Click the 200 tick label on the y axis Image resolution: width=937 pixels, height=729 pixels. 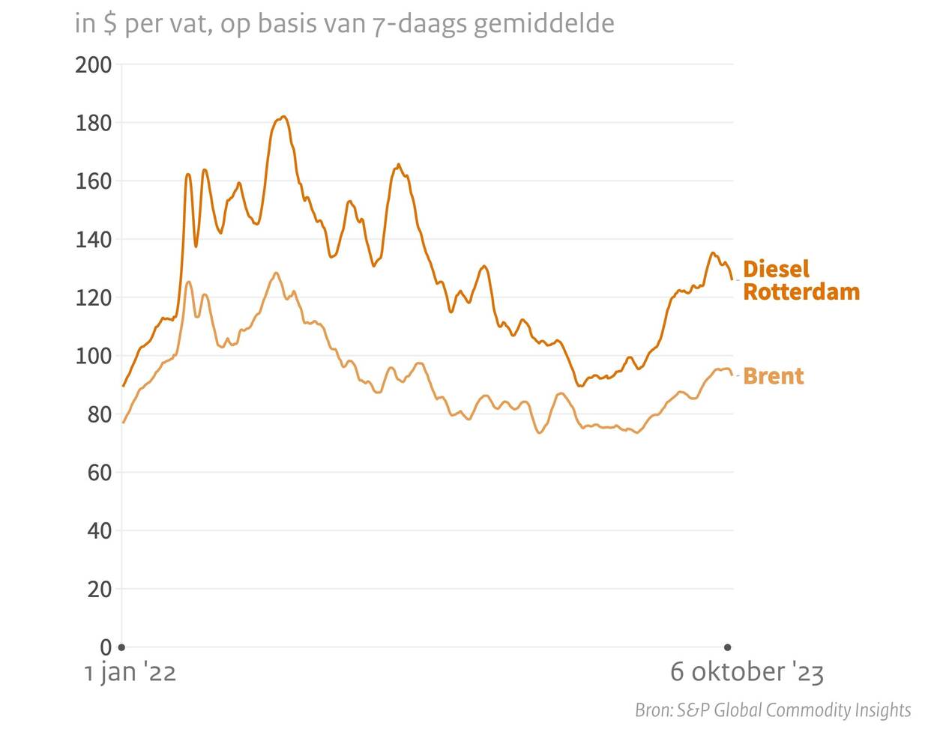click(93, 65)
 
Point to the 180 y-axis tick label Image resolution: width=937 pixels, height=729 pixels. click(93, 123)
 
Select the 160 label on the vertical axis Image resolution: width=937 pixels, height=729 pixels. click(93, 181)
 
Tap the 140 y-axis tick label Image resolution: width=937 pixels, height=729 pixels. click(93, 240)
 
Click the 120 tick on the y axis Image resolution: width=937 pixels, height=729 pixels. click(93, 298)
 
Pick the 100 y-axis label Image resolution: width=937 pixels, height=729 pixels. click(93, 357)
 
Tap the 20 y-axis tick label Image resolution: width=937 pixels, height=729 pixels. click(98, 590)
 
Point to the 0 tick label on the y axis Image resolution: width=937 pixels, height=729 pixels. click(105, 647)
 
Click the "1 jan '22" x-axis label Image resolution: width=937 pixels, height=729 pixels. click(130, 672)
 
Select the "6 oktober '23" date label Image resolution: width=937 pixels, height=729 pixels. click(747, 672)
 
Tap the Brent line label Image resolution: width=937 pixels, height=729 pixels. click(773, 376)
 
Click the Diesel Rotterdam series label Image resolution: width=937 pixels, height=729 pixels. click(800, 280)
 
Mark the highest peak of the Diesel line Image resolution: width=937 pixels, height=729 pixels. click(283, 116)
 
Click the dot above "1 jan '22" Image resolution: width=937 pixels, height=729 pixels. click(122, 647)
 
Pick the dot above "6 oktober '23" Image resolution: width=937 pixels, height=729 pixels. click(727, 647)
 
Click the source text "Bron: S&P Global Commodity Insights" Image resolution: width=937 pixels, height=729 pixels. click(773, 710)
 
